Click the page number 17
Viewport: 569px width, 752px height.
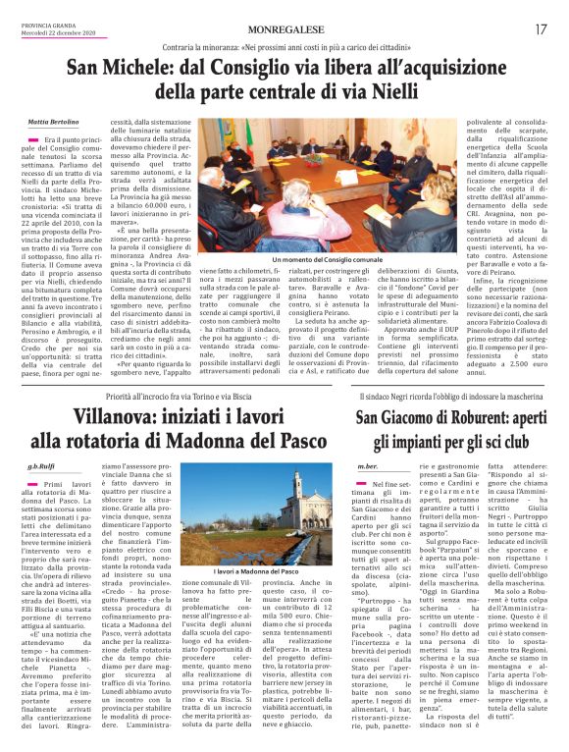point(542,29)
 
